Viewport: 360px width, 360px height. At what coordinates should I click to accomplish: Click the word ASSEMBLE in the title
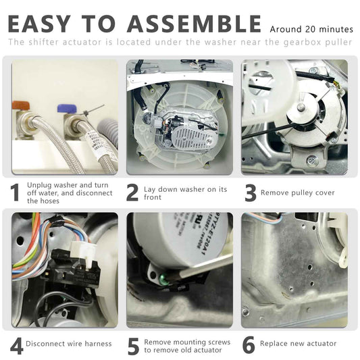(194, 24)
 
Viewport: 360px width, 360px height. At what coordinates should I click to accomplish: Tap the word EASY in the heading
(39, 24)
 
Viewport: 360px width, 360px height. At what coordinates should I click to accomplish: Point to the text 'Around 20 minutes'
(311, 30)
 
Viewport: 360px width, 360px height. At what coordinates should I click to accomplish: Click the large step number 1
(15, 193)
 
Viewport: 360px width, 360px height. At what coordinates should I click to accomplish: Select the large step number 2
(132, 193)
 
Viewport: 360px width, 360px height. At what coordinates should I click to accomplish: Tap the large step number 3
(251, 193)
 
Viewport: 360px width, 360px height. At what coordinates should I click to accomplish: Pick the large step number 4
(17, 346)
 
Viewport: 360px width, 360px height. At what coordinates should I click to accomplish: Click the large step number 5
(133, 346)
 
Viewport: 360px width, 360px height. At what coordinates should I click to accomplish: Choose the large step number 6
(249, 345)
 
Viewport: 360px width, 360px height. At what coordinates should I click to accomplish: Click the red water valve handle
(21, 106)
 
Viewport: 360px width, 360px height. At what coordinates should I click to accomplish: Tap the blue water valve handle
(67, 108)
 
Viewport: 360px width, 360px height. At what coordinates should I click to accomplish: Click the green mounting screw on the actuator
(163, 279)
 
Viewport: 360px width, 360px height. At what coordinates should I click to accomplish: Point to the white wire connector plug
(82, 251)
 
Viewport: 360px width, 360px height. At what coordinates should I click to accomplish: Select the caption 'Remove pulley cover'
(298, 192)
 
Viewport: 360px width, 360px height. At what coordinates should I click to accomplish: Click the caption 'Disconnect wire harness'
(69, 344)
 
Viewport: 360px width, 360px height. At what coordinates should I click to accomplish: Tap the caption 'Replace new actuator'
(298, 344)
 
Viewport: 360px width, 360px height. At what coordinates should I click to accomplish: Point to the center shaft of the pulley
(301, 107)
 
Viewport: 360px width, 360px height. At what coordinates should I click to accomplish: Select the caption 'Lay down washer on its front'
(185, 193)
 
